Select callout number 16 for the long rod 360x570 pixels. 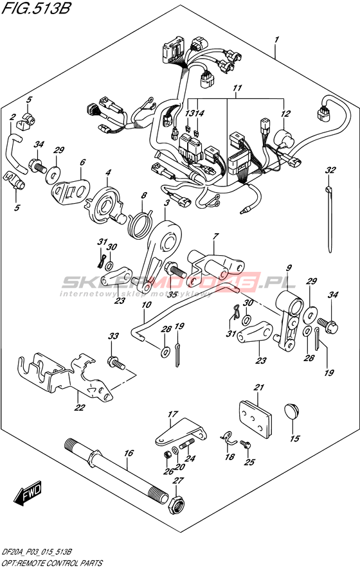(x=129, y=453)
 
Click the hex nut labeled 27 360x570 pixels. (x=177, y=503)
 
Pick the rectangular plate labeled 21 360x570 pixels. (x=255, y=419)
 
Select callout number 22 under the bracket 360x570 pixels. (x=79, y=407)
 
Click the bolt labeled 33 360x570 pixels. (x=116, y=362)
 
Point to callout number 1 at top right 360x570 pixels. (x=276, y=39)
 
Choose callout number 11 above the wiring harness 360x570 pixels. (x=237, y=88)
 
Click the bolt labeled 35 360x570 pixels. (x=175, y=271)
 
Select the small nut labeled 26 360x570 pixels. (x=168, y=454)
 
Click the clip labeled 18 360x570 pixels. (x=228, y=437)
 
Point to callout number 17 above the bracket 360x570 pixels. (x=173, y=414)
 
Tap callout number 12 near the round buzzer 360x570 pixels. (x=285, y=114)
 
